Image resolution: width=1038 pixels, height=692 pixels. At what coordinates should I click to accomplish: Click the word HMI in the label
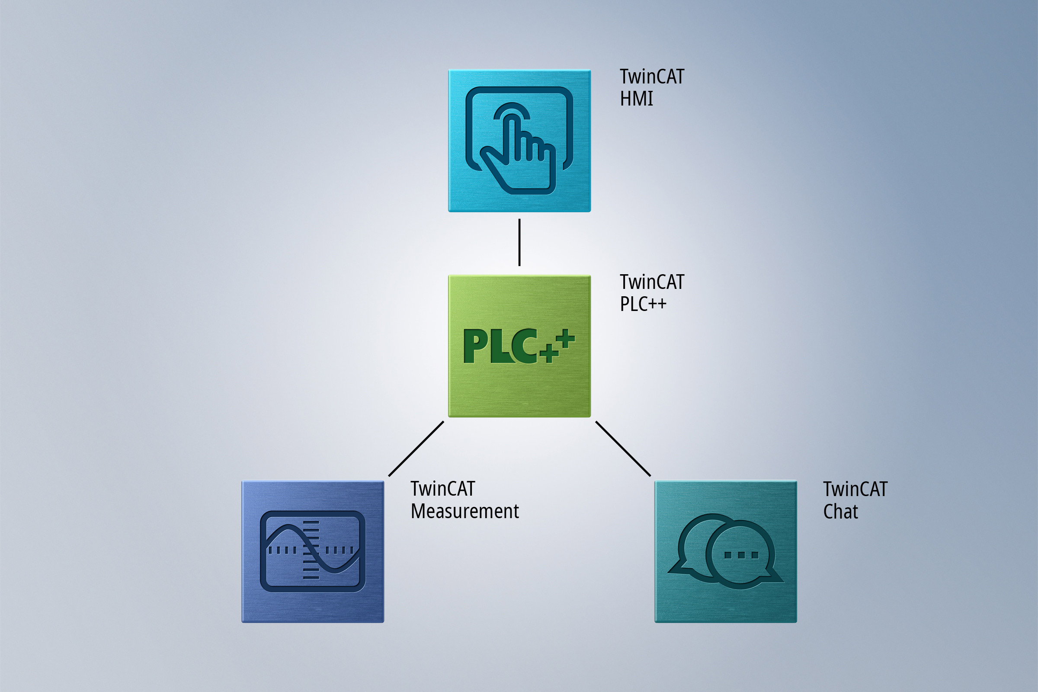(x=636, y=99)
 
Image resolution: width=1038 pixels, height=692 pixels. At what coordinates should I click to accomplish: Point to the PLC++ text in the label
(x=643, y=304)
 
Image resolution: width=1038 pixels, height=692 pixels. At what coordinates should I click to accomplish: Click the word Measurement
(x=464, y=512)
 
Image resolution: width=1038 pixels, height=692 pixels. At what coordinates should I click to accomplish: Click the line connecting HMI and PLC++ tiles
(x=519, y=242)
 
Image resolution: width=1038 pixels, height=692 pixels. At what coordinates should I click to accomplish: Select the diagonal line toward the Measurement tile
(x=416, y=449)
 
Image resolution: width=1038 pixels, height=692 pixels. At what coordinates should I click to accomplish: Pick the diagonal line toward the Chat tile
(x=623, y=449)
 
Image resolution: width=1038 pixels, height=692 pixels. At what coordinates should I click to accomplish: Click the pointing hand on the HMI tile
(x=521, y=154)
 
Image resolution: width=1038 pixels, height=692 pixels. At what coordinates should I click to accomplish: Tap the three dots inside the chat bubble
(x=741, y=555)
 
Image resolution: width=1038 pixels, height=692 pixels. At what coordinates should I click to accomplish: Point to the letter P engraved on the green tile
(x=475, y=346)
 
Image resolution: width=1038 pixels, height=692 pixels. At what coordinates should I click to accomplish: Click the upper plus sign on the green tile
(x=565, y=339)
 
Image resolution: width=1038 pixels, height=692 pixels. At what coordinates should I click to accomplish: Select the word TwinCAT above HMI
(x=651, y=77)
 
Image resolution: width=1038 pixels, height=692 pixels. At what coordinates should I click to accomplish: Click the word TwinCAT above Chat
(x=855, y=490)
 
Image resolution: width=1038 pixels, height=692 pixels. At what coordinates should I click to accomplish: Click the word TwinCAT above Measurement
(x=442, y=489)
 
